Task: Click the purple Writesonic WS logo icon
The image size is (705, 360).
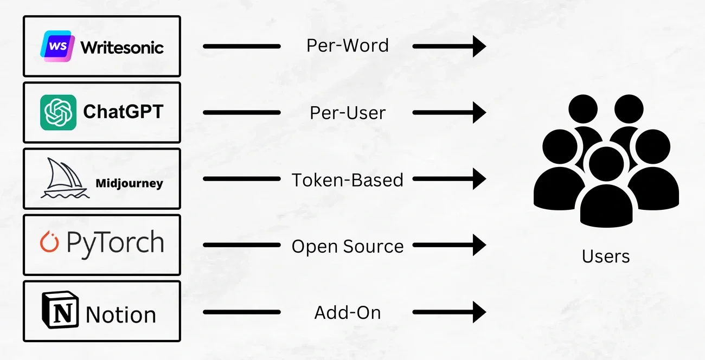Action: pyautogui.click(x=57, y=46)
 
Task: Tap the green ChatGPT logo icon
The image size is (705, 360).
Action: pyautogui.click(x=58, y=112)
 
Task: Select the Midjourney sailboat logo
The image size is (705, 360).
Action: pyautogui.click(x=65, y=178)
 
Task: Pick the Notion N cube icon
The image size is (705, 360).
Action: pyautogui.click(x=60, y=311)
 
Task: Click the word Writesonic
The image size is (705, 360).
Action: pyautogui.click(x=122, y=47)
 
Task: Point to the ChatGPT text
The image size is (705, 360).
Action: pyautogui.click(x=123, y=112)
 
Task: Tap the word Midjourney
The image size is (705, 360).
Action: pyautogui.click(x=129, y=183)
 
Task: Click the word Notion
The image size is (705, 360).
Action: pyautogui.click(x=121, y=314)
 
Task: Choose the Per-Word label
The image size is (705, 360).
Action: pyautogui.click(x=348, y=46)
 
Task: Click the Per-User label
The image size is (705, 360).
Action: pyautogui.click(x=348, y=113)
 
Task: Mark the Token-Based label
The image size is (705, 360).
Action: pyautogui.click(x=348, y=179)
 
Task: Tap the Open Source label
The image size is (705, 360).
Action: pyautogui.click(x=348, y=247)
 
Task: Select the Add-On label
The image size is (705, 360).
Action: pyautogui.click(x=348, y=313)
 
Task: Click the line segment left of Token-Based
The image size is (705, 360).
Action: pyautogui.click(x=242, y=179)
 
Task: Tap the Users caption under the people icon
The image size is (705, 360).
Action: pyautogui.click(x=606, y=256)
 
